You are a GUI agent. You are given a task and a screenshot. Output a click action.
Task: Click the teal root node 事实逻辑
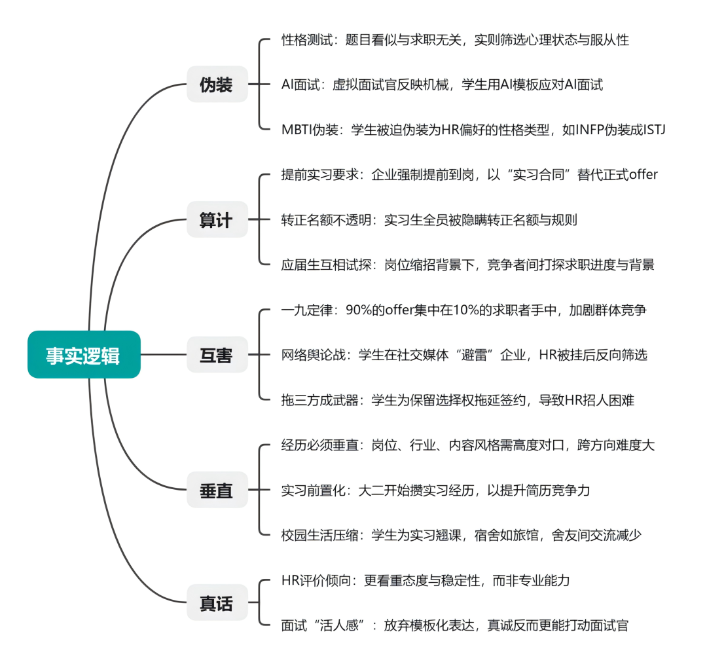(84, 355)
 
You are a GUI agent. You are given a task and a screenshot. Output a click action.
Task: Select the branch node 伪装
(217, 84)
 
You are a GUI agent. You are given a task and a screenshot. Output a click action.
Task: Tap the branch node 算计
(217, 220)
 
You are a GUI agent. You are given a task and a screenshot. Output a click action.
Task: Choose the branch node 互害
(217, 355)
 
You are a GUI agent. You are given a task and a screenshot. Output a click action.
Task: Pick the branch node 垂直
(217, 490)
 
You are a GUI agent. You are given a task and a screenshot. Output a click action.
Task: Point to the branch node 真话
(217, 602)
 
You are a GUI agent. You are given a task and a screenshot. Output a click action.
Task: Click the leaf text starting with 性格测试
(455, 40)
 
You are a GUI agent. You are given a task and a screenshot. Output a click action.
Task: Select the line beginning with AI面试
(442, 84)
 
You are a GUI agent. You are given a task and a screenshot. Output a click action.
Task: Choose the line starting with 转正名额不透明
(429, 220)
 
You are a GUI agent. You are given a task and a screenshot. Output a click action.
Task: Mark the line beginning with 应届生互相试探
(467, 265)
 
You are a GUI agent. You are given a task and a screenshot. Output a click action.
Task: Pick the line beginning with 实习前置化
(435, 490)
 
